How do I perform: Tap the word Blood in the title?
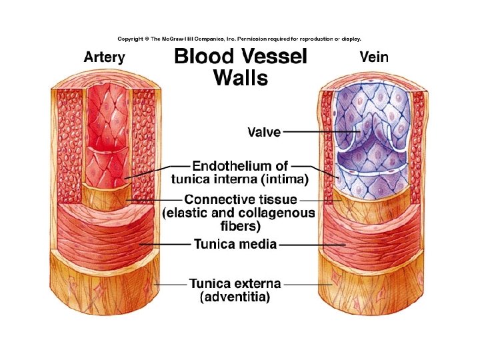[204, 57]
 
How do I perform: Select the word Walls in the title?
[240, 79]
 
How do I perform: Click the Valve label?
[264, 132]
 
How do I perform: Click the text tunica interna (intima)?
[240, 179]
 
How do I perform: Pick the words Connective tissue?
[240, 199]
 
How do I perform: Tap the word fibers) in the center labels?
[240, 226]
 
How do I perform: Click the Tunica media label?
[235, 244]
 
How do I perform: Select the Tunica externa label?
[235, 283]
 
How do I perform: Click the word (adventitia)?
[235, 297]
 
